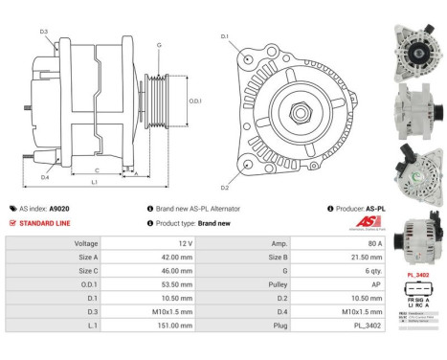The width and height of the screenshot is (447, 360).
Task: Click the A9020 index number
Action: tap(59, 208)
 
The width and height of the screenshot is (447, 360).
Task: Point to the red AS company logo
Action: tap(369, 222)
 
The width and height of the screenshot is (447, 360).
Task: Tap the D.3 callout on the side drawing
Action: tap(44, 32)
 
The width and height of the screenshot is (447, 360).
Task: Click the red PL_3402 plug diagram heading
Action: tap(418, 275)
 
